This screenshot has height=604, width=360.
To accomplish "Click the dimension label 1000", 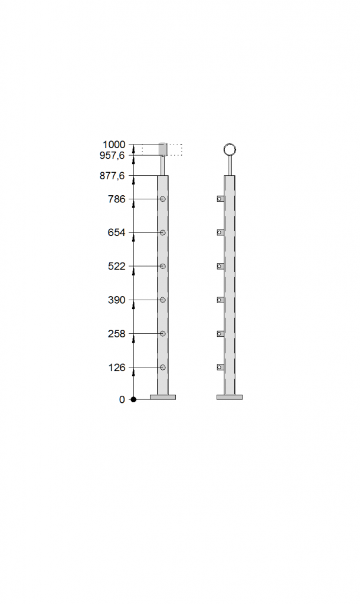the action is (114, 145).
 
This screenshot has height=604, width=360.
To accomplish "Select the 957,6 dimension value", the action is (112, 155).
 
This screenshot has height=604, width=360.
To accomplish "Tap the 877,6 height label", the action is (112, 176).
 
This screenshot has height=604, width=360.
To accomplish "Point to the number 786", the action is (117, 199).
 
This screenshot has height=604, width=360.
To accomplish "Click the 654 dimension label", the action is (117, 232).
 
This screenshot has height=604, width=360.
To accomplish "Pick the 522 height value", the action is (117, 266).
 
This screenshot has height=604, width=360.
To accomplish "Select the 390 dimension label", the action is (117, 300).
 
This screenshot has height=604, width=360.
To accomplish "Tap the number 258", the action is (117, 334).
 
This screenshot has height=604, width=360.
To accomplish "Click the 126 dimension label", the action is (117, 367).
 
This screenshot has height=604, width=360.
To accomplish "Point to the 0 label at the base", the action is (122, 399).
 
